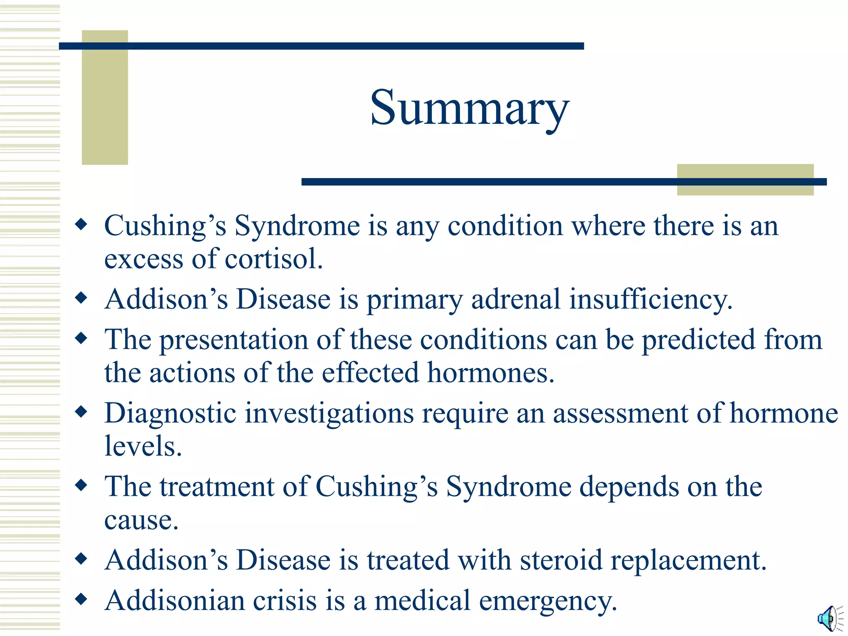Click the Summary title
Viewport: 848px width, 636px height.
(x=470, y=108)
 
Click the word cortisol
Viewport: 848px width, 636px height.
(x=273, y=259)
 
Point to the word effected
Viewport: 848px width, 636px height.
(x=370, y=373)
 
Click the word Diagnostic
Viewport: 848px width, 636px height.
(x=170, y=414)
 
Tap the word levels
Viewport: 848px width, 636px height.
(x=143, y=446)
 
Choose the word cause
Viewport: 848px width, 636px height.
(x=141, y=520)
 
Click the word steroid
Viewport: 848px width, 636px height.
(x=561, y=560)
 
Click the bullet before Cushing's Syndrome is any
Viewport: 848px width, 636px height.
(x=82, y=225)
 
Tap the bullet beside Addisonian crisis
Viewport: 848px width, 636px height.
(x=82, y=599)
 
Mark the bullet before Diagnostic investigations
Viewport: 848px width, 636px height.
(x=82, y=412)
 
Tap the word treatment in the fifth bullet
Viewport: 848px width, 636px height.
(x=217, y=487)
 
